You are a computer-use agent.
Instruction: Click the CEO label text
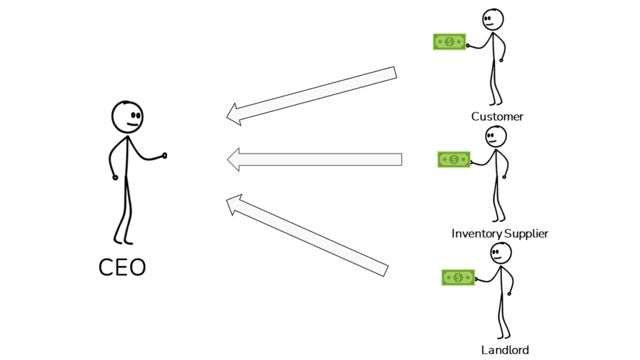point(122,267)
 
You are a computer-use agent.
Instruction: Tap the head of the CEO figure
point(127,117)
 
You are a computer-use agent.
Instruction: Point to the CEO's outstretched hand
point(164,155)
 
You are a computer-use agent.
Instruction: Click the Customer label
point(497,116)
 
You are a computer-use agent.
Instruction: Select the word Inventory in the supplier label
point(477,234)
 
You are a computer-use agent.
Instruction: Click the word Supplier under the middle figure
point(526,234)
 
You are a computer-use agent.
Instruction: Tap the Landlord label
point(505,350)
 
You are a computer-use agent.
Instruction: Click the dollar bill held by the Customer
point(449,42)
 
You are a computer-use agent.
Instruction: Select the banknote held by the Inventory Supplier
point(454,159)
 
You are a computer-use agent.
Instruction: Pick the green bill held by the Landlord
point(458,277)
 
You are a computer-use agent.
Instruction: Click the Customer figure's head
point(492,19)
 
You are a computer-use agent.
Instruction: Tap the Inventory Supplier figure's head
point(496,136)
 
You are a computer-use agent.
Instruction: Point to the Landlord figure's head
point(501,252)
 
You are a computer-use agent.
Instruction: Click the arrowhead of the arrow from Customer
point(234,114)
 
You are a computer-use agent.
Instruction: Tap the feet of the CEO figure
point(123,240)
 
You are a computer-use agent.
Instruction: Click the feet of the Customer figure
point(495,102)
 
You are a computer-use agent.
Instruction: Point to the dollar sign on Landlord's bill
point(458,277)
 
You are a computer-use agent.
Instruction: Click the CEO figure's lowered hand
point(115,177)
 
